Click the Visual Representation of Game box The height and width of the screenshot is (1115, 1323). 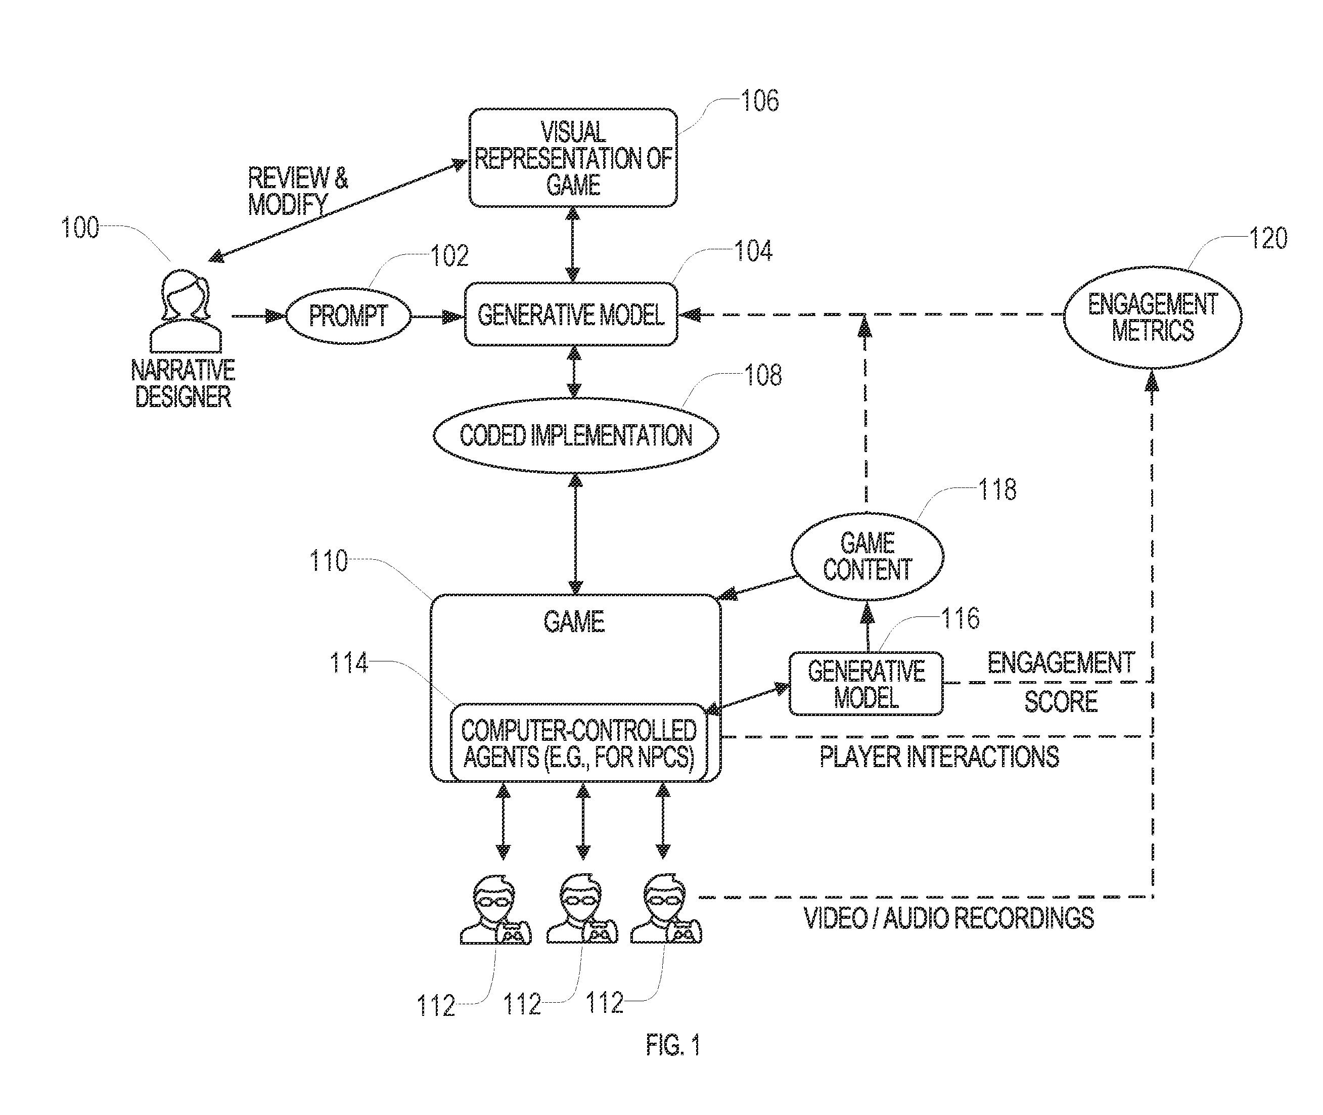[x=572, y=158]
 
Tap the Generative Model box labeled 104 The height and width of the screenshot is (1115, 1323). [x=571, y=315]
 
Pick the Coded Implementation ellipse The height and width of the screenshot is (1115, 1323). [x=576, y=435]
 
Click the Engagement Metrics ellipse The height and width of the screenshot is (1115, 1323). [x=1153, y=318]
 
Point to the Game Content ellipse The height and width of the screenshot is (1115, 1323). [x=867, y=556]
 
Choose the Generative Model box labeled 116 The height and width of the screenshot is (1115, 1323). [x=865, y=684]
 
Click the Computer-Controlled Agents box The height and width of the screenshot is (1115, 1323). [x=578, y=743]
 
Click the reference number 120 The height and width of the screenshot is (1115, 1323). [x=1267, y=239]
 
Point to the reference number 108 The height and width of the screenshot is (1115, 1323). [x=762, y=375]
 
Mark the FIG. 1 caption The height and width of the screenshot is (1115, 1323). [x=672, y=1046]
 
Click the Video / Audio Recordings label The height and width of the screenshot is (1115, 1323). [x=948, y=918]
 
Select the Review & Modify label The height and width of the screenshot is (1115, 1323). [x=297, y=191]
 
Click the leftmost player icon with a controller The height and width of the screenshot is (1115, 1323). [x=495, y=910]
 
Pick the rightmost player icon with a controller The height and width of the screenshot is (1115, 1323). [x=666, y=910]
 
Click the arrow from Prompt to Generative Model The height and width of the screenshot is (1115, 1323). [x=437, y=316]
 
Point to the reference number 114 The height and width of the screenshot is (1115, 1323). [x=349, y=663]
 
